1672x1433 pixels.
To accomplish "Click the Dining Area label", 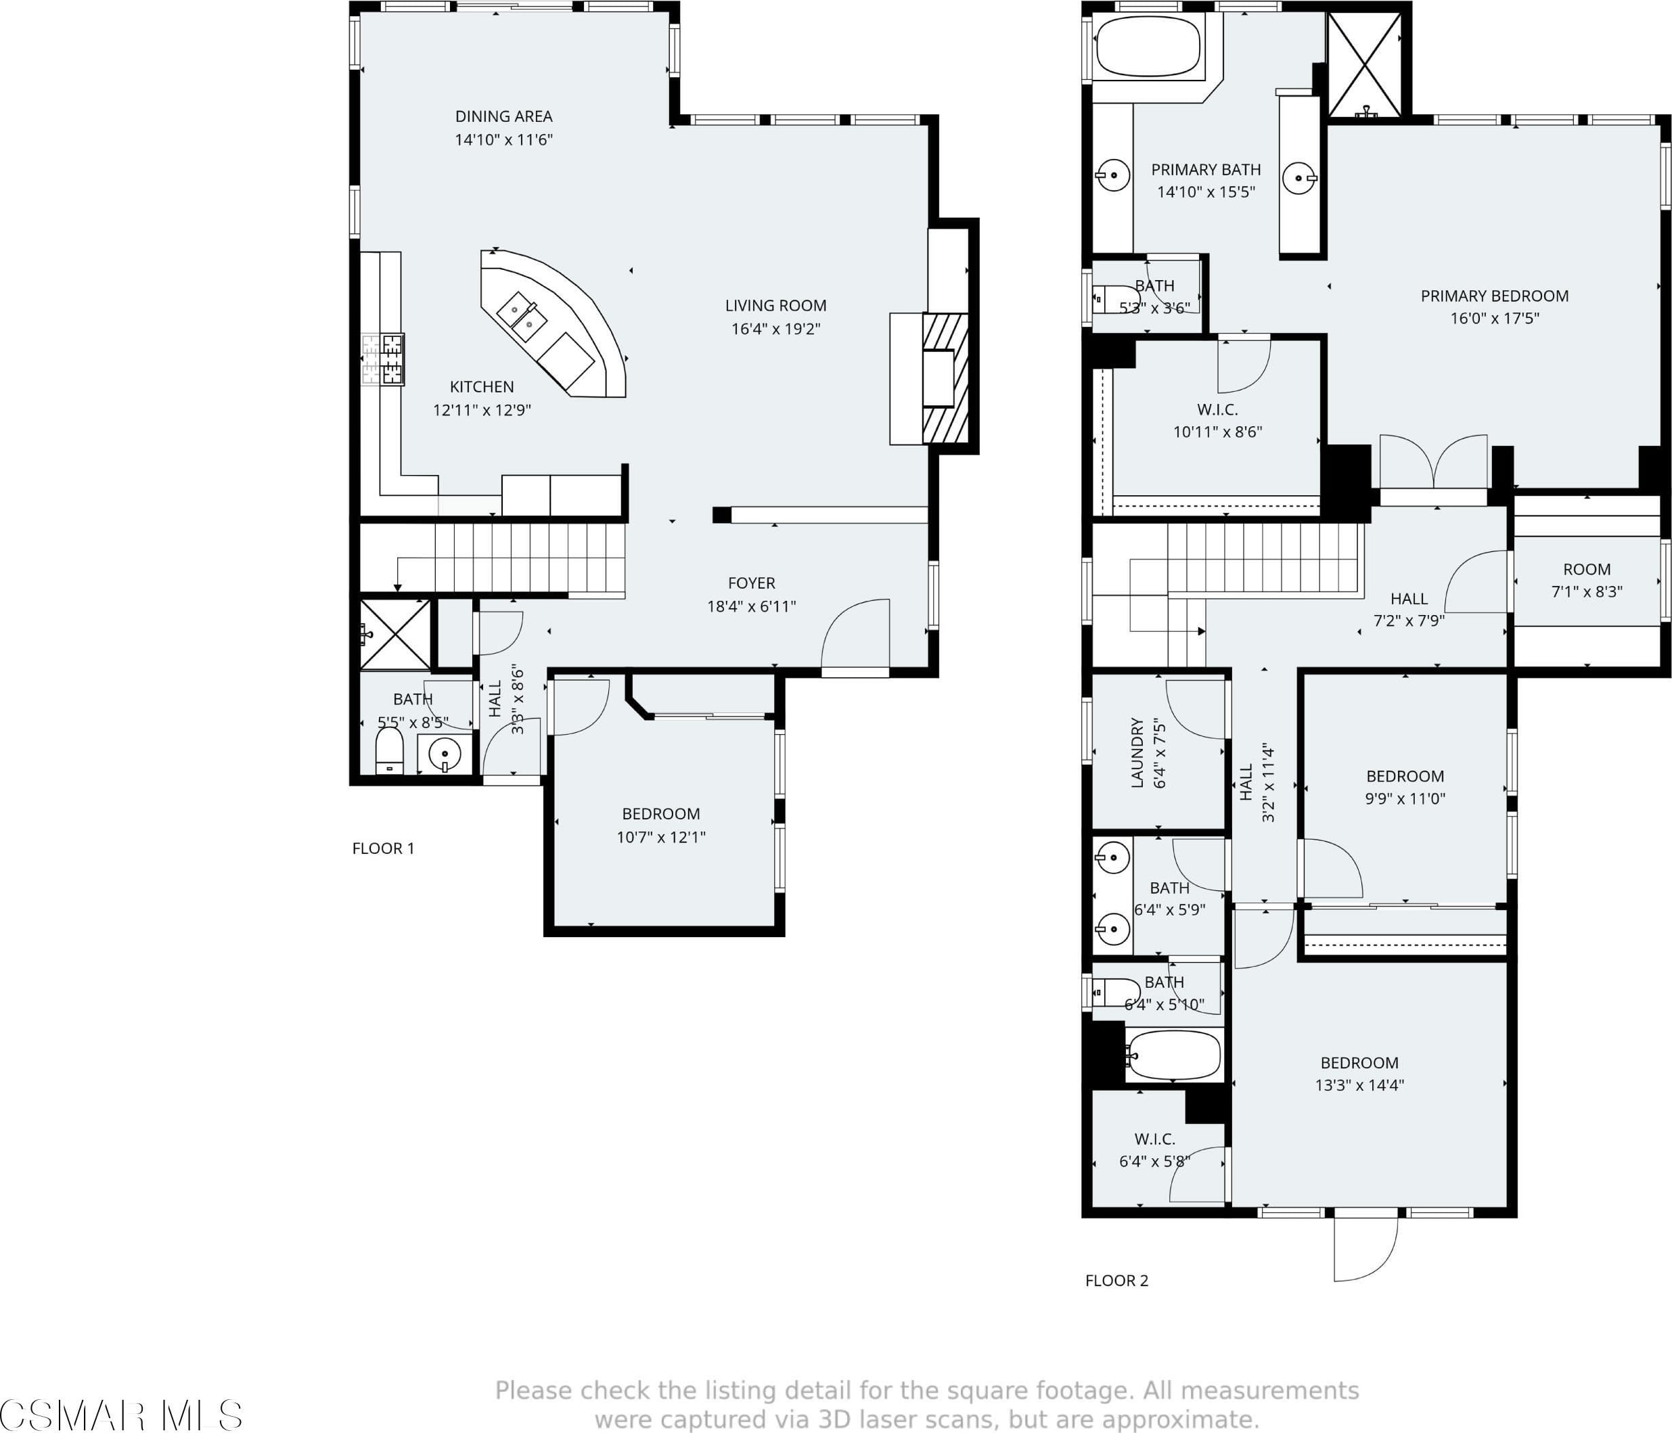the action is tap(503, 116).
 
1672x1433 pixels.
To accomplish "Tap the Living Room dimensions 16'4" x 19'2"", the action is tap(775, 328).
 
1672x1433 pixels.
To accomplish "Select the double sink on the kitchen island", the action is tap(521, 315).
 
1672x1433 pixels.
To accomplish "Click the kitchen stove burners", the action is tap(382, 359).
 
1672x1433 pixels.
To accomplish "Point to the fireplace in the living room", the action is tap(945, 378).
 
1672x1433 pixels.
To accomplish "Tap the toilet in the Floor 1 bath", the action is tap(389, 750).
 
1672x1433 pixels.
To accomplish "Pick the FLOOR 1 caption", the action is tap(383, 848).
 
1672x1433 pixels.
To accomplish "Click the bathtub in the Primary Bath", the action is tap(1148, 47).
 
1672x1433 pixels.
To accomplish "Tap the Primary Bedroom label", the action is tap(1495, 296).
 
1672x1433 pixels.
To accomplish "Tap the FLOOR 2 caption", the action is tap(1117, 1279).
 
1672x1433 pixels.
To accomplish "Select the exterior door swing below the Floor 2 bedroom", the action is tap(1365, 1248).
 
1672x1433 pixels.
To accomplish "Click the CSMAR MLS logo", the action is tap(121, 1415).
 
